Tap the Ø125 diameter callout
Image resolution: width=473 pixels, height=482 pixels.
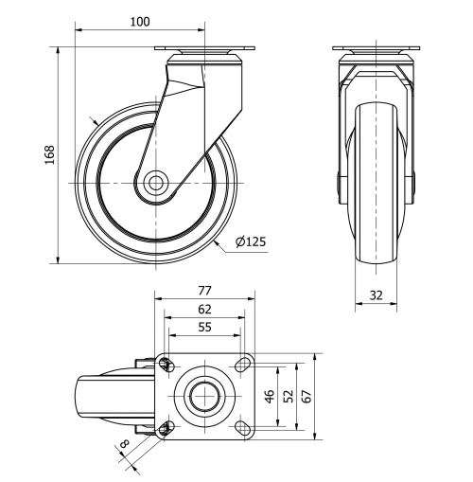pos(250,242)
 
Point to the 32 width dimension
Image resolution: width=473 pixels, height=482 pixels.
pos(377,295)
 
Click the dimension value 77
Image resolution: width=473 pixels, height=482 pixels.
pos(203,291)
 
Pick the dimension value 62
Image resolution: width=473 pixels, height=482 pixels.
pos(203,309)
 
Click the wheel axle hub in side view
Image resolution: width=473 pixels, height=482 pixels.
pos(155,182)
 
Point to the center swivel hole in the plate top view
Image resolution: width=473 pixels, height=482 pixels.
pos(203,396)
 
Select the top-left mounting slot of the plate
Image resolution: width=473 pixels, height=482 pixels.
pos(167,364)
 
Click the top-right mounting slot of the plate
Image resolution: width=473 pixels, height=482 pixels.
pos(241,364)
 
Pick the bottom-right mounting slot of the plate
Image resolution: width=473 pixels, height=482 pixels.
pos(241,428)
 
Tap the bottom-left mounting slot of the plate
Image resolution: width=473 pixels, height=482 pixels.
pos(167,428)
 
